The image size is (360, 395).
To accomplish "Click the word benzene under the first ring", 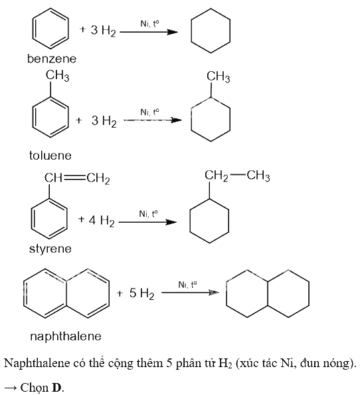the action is tap(52, 59).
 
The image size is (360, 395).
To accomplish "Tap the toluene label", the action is tap(50, 155).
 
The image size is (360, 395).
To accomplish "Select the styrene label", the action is tap(50, 249).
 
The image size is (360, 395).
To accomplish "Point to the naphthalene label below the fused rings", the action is tap(66, 336).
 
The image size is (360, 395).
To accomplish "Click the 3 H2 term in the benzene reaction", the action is tap(103, 31).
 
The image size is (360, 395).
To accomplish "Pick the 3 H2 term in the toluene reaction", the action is tap(104, 121).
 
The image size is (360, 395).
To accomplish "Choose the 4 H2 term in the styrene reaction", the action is tap(102, 220).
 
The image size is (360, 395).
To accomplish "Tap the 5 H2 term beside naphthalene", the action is tap(141, 293).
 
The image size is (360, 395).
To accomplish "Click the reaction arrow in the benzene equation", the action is tap(149, 32).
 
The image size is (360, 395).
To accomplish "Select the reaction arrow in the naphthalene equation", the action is tap(190, 293).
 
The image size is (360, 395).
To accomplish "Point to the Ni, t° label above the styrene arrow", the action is tap(148, 214).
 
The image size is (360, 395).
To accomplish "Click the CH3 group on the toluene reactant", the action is tap(57, 76).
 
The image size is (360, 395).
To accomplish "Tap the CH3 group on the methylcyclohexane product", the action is tap(218, 76).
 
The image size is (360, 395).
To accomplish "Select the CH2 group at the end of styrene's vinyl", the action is tap(98, 179).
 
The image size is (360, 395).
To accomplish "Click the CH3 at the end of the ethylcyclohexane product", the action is tap(258, 176).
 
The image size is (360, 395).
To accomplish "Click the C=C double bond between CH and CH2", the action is tap(74, 178).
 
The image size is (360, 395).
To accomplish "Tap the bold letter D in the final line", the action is tap(56, 387).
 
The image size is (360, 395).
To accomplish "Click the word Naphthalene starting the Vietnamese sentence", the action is tap(37, 363).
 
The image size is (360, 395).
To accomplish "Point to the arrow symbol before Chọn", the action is tap(11, 388).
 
